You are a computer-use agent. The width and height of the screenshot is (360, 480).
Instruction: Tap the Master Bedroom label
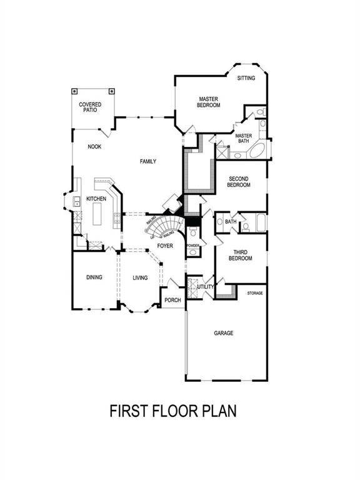pyautogui.click(x=209, y=102)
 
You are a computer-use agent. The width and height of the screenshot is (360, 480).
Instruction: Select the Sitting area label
pyautogui.click(x=246, y=79)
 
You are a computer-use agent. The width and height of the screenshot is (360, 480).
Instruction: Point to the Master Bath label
pyautogui.click(x=243, y=138)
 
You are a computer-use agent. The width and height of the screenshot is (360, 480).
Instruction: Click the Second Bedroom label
pyautogui.click(x=238, y=181)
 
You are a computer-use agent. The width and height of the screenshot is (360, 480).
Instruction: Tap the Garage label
pyautogui.click(x=223, y=333)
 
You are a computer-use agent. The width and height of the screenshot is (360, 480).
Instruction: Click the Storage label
pyautogui.click(x=254, y=292)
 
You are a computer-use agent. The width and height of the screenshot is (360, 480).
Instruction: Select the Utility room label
pyautogui.click(x=206, y=287)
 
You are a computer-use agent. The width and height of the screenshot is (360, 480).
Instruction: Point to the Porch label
pyautogui.click(x=172, y=300)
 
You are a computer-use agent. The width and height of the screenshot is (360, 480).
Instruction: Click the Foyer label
pyautogui.click(x=165, y=246)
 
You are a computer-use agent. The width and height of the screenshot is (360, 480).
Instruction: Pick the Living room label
pyautogui.click(x=140, y=277)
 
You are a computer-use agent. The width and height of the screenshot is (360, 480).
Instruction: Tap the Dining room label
pyautogui.click(x=94, y=277)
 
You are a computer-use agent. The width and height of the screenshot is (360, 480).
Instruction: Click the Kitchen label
pyautogui.click(x=96, y=199)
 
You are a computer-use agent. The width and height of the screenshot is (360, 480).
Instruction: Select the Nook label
pyautogui.click(x=94, y=147)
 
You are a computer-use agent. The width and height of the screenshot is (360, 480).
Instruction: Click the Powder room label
pyautogui.click(x=192, y=246)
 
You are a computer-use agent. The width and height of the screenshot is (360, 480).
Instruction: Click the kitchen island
pyautogui.click(x=98, y=216)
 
